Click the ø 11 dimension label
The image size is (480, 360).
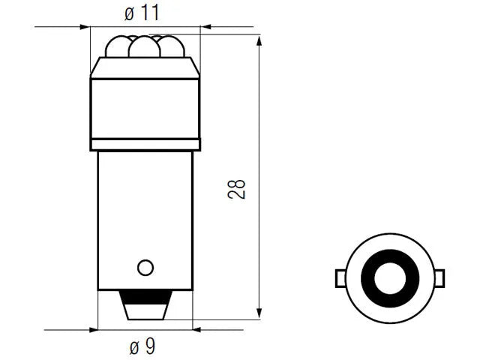pyautogui.click(x=142, y=13)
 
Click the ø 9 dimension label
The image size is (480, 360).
pyautogui.click(x=142, y=346)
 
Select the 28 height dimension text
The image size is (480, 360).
pyautogui.click(x=237, y=190)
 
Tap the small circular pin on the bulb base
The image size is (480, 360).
pyautogui.click(x=145, y=268)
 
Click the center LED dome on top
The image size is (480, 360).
pyautogui.click(x=145, y=46)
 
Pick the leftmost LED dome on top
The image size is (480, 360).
pyautogui.click(x=117, y=46)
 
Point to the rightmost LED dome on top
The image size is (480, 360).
pyautogui.click(x=172, y=46)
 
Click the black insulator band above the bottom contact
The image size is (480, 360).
pyautogui.click(x=145, y=297)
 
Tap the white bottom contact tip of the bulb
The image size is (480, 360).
pyautogui.click(x=145, y=312)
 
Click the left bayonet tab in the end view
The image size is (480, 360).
pyautogui.click(x=340, y=278)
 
